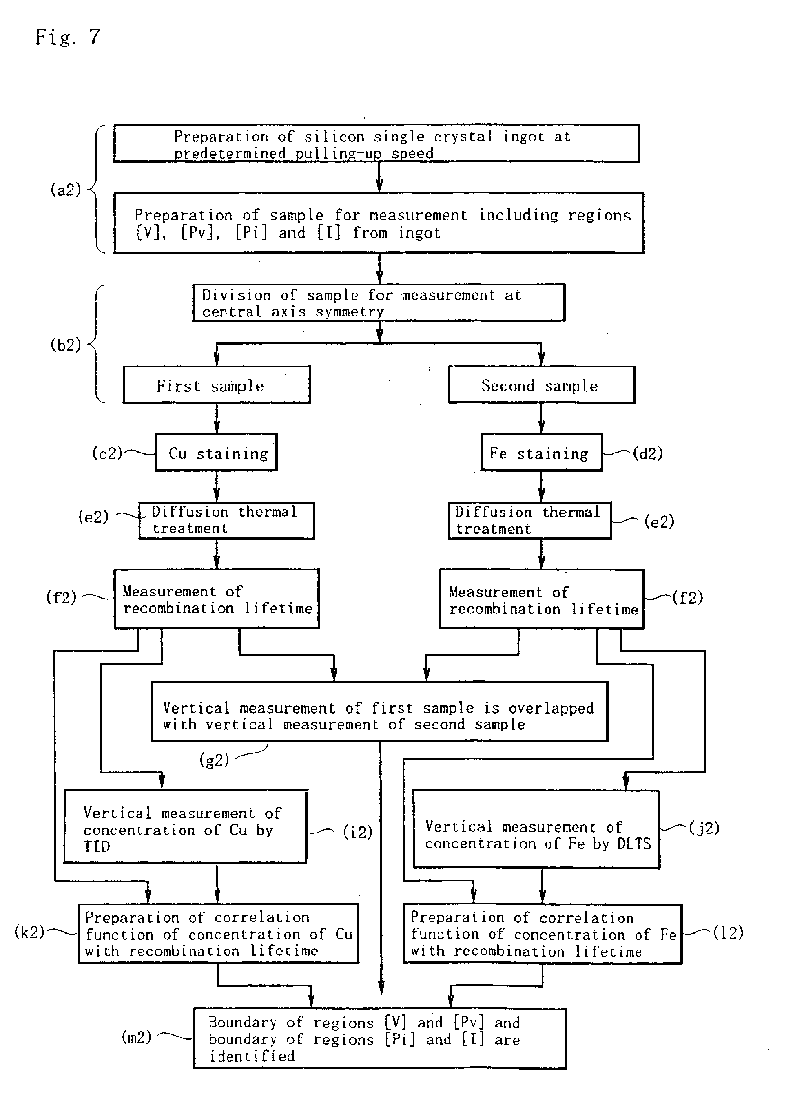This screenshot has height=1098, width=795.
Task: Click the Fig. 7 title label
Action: [x=67, y=37]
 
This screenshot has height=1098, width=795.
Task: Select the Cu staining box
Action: [x=217, y=453]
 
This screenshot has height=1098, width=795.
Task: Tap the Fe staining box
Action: [x=541, y=453]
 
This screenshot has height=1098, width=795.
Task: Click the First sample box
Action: [x=217, y=385]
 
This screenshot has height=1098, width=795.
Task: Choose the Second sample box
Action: [x=541, y=385]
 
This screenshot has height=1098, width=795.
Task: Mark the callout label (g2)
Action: [x=214, y=760]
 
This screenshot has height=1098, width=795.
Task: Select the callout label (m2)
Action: [x=137, y=1036]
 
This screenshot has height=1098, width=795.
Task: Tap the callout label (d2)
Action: [x=648, y=453]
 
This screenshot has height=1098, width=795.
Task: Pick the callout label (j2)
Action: [x=704, y=827]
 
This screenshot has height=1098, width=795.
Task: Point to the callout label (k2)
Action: [x=29, y=932]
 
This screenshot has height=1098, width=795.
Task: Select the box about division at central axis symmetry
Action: [x=379, y=303]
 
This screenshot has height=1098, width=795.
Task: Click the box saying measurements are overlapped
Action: [x=379, y=711]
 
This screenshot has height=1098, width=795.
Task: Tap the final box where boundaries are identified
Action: [x=379, y=1038]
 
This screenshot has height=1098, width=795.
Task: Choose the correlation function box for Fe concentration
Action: [x=543, y=934]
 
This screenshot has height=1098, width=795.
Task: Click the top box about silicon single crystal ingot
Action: [x=376, y=143]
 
